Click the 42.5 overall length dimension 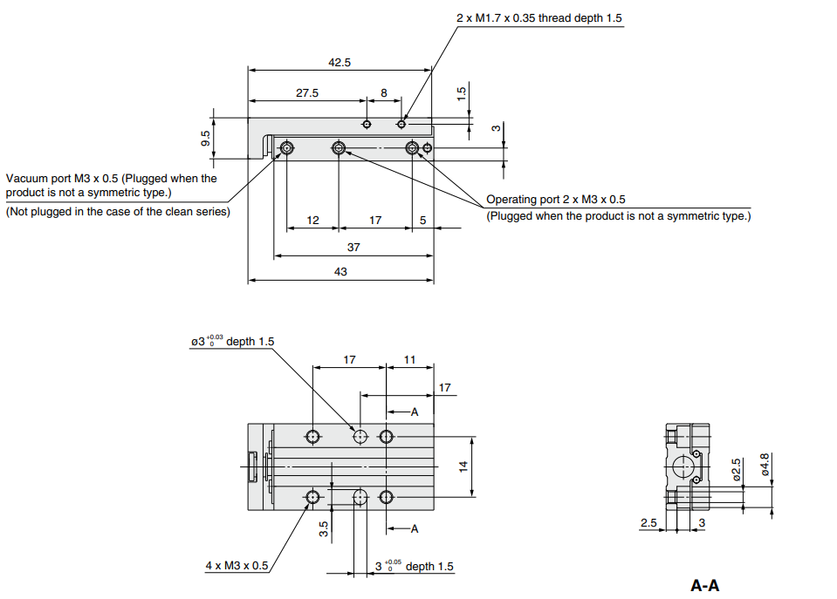coord(340,63)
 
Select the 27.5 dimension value coord(307,92)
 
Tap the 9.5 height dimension coord(206,138)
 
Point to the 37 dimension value coord(353,248)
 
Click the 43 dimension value coord(340,272)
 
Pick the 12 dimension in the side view coord(312,221)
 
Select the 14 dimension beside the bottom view coord(464,466)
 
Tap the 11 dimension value coord(410,359)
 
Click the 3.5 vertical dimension coord(323,529)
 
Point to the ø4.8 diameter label coord(765,462)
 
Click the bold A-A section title coord(705,586)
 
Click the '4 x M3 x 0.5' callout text coord(237,566)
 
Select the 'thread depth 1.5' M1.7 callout coord(539,17)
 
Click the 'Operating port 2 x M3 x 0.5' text coord(556,200)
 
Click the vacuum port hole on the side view coord(286,149)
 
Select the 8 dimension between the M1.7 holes coord(383,92)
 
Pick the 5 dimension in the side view coord(422,221)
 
